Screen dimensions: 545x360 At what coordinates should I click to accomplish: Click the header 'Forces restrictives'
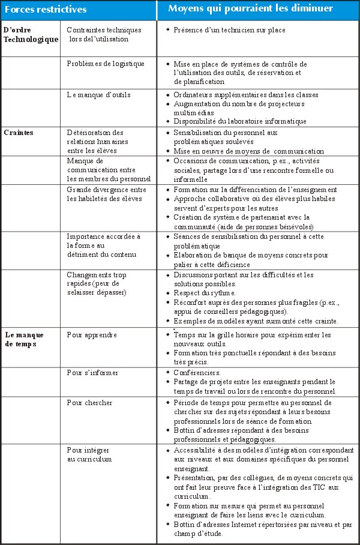(x=46, y=10)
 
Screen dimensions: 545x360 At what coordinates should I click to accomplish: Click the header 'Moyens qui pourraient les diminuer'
(x=250, y=9)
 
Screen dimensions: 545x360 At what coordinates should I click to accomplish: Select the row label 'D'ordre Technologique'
(x=31, y=34)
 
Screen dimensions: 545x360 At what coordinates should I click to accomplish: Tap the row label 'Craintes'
(x=19, y=133)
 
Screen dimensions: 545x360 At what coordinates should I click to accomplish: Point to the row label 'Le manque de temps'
(x=21, y=339)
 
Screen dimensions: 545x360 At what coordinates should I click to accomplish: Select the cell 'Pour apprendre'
(x=93, y=334)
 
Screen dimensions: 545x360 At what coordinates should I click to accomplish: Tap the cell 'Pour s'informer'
(x=93, y=373)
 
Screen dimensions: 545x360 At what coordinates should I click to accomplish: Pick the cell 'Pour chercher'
(x=90, y=402)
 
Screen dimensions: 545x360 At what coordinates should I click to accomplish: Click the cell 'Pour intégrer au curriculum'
(x=90, y=454)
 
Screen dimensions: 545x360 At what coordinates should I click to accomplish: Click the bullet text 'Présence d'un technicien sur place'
(x=230, y=30)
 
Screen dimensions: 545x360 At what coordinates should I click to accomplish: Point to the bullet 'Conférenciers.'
(x=198, y=373)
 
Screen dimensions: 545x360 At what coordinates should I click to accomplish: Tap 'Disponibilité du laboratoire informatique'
(x=240, y=121)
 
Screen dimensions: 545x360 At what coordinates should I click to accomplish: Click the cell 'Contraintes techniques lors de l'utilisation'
(x=104, y=34)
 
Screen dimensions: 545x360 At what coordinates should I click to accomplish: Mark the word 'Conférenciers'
(x=197, y=373)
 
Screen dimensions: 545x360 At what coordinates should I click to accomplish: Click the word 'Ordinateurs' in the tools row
(x=193, y=95)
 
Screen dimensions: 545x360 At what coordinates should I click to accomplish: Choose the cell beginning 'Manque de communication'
(x=109, y=170)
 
